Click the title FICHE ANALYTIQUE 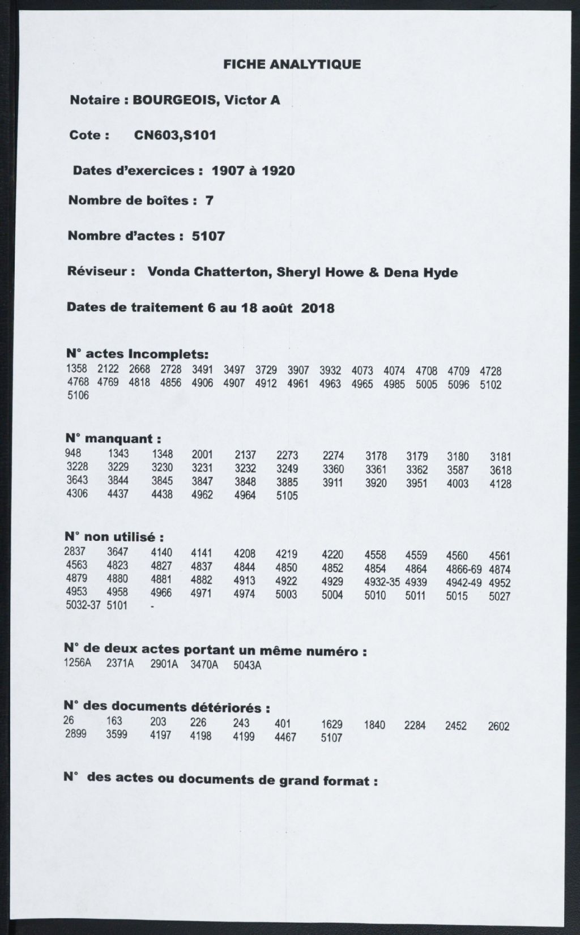292,64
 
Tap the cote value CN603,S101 175,135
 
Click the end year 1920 278,170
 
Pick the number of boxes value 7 209,200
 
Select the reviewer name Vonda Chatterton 207,272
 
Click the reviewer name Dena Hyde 421,272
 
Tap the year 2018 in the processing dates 318,308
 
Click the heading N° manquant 113,439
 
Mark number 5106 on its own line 78,396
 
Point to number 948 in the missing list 73,453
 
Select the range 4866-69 463,569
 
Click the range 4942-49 463,582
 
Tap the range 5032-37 83,605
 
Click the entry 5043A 247,665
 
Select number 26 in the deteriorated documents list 69,720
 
